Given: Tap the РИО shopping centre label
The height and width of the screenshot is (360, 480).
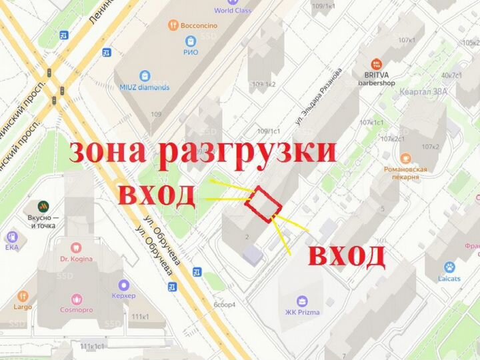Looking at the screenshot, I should pos(191,51).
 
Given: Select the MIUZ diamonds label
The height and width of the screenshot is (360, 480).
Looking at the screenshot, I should pos(145,87).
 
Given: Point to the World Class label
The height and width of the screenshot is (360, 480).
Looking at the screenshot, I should pos(232,10).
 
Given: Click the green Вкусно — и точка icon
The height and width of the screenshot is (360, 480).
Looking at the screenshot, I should pos(43,205).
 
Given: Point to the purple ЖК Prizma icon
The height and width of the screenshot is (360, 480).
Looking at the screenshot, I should pos(302,301).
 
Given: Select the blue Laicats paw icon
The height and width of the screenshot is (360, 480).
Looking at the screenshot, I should pos(449,267).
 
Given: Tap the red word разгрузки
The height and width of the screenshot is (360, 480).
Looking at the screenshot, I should pos(247,153).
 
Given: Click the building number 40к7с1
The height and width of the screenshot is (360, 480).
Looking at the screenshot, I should pos(451,75).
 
